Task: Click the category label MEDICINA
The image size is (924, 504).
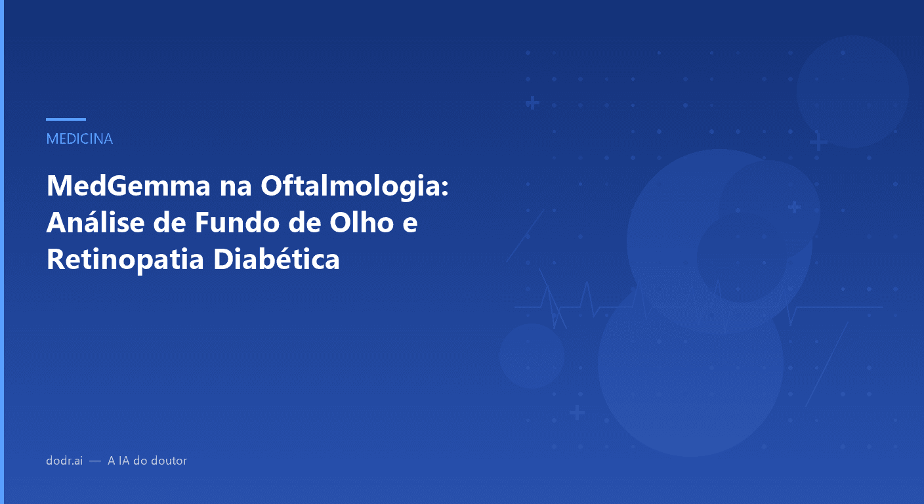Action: click(x=79, y=139)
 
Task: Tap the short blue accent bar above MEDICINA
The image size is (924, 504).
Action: click(x=66, y=119)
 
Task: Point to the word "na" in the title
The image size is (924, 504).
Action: click(x=229, y=187)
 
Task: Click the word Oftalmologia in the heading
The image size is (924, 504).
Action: click(x=354, y=187)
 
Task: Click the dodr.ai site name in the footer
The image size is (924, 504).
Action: click(x=64, y=461)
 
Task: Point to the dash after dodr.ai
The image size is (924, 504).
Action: click(x=95, y=461)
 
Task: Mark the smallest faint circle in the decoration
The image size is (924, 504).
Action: click(x=532, y=356)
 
